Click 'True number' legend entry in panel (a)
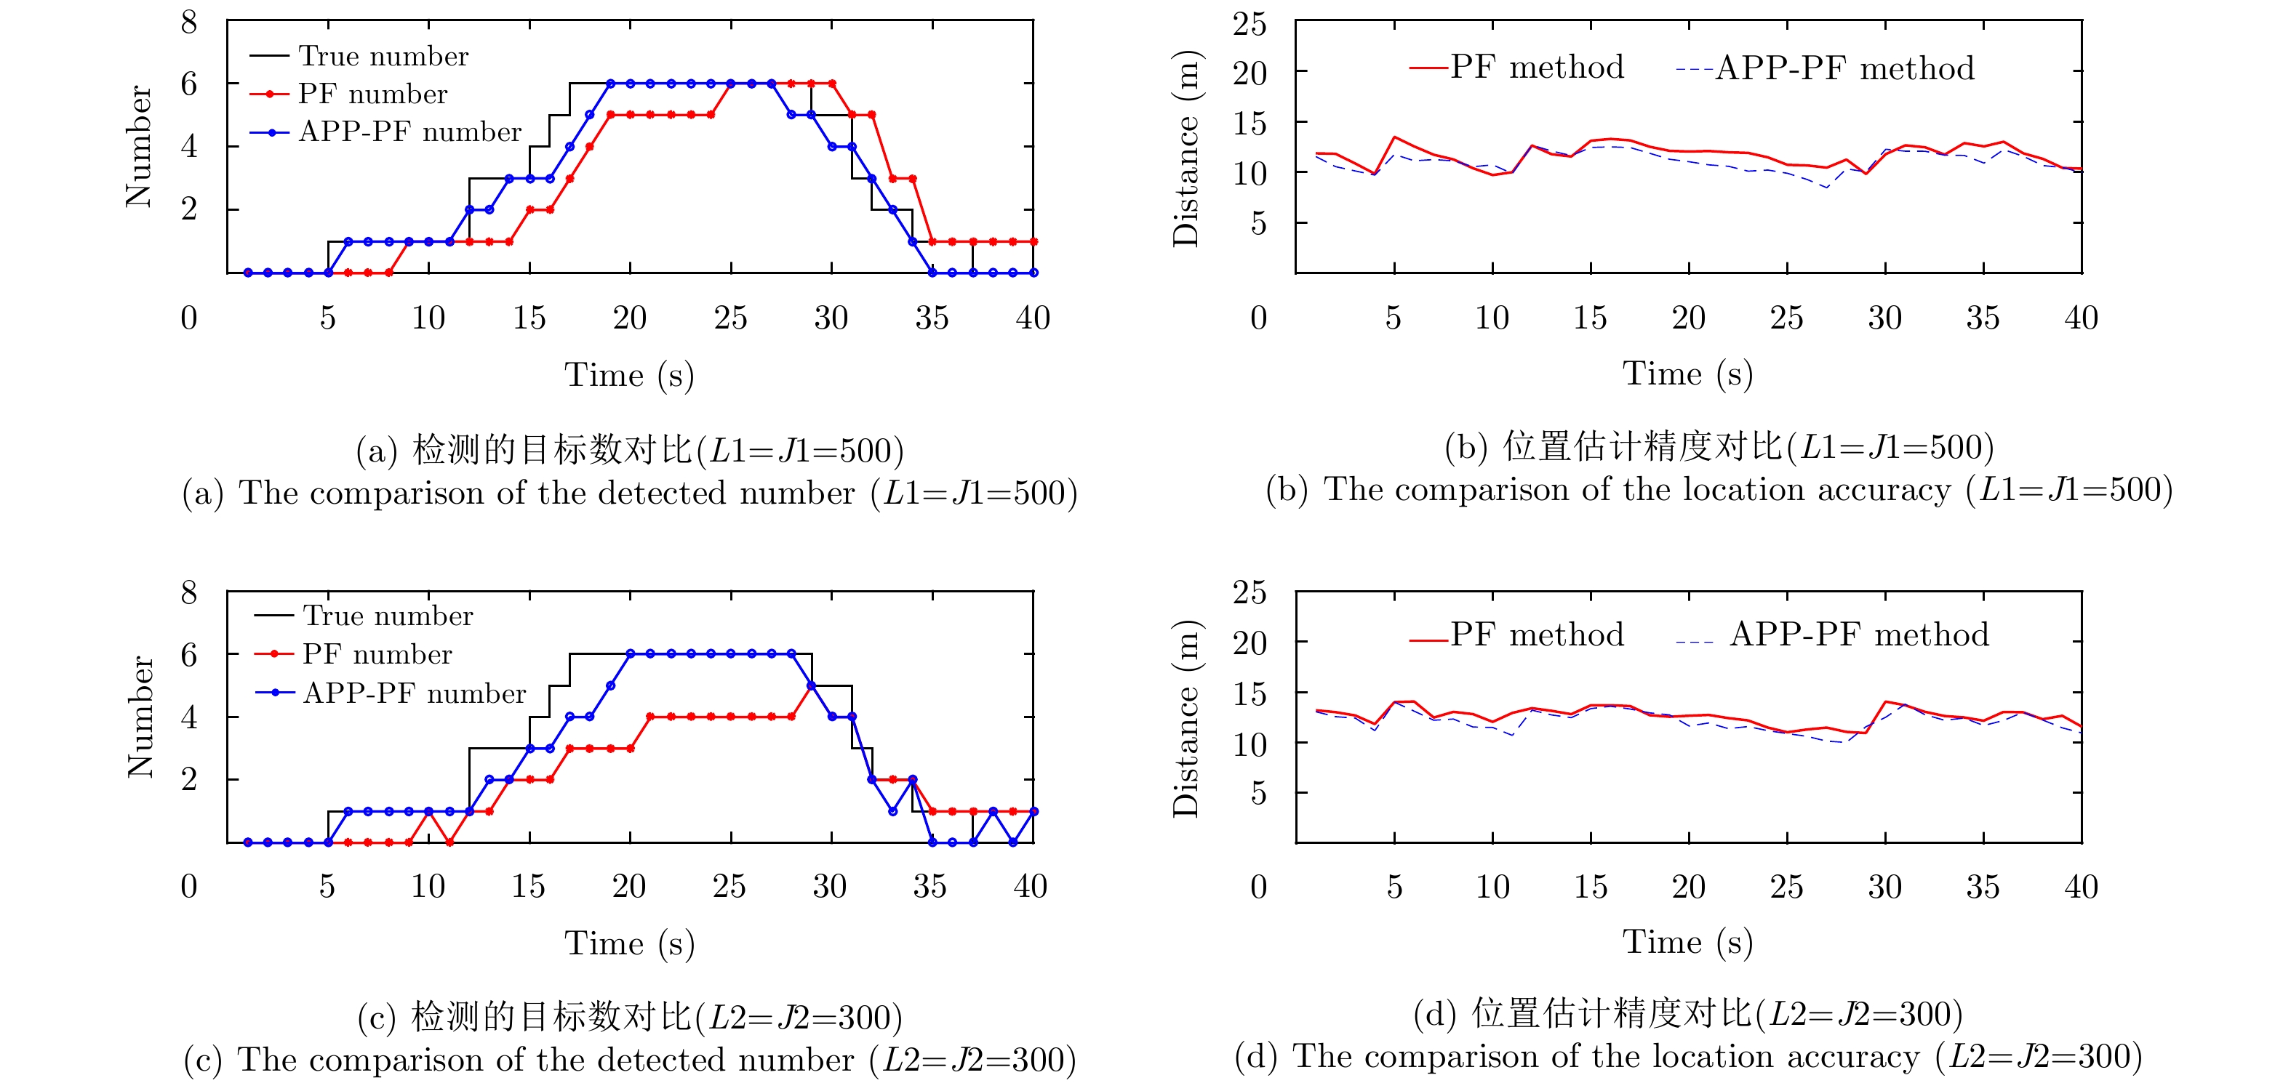383,56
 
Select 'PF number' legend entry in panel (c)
377,654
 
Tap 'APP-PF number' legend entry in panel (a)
409,132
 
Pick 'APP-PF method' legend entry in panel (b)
1844,68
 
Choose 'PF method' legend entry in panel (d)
1536,635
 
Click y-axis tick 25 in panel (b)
1249,24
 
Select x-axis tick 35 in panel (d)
1983,887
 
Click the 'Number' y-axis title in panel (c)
140,717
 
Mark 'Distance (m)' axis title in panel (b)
1186,148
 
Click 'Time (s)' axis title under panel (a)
629,374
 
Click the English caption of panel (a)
630,493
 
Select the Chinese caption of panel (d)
1687,1014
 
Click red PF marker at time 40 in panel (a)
1033,241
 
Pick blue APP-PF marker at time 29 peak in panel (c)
811,685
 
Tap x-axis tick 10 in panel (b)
1492,318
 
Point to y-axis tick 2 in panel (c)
188,780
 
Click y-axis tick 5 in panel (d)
1258,793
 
